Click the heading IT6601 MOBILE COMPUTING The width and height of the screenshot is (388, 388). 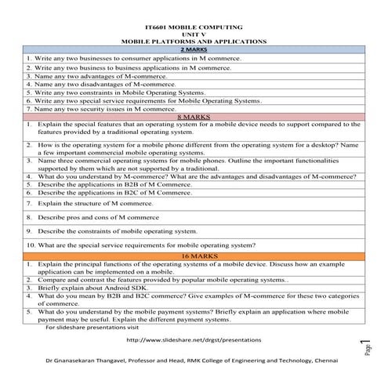(194, 28)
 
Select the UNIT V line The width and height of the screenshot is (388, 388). (194, 34)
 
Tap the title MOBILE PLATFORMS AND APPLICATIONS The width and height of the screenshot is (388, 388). (194, 41)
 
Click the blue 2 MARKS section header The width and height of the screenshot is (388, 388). (194, 49)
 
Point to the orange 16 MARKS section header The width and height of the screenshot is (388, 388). (194, 255)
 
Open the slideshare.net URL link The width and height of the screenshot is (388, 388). (194, 340)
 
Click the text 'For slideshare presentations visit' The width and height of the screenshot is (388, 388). (86, 327)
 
